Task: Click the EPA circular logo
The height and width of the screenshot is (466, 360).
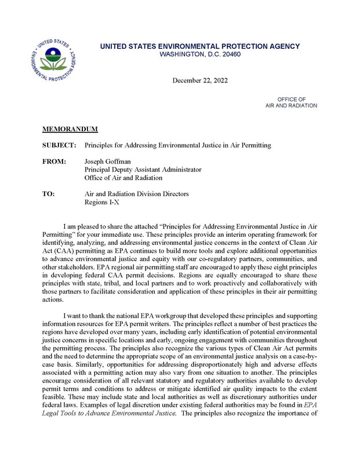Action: [53, 60]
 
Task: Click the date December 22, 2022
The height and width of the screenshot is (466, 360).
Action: [199, 80]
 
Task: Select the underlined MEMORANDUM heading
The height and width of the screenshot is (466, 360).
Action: [70, 128]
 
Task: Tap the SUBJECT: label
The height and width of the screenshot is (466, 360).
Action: [59, 145]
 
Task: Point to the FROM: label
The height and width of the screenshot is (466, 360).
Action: [54, 161]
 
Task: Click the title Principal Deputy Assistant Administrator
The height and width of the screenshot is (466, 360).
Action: [143, 169]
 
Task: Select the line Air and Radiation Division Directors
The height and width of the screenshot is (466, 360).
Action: [136, 194]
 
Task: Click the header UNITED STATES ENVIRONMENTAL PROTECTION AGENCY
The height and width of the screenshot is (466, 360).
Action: [199, 46]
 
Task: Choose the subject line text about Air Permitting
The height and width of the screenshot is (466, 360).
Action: [177, 145]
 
